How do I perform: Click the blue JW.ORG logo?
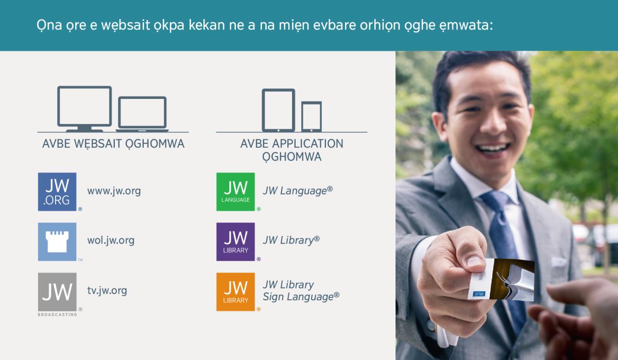[x=57, y=192]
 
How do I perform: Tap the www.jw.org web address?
[x=114, y=191]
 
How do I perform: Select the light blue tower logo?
[x=57, y=242]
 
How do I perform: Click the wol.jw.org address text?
[x=111, y=241]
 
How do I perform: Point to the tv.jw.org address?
[x=107, y=290]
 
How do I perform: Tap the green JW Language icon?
[x=235, y=192]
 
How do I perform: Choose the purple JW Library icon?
[x=235, y=242]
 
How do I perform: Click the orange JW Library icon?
[x=235, y=292]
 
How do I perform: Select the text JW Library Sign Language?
[x=301, y=291]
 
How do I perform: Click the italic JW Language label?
[x=297, y=191]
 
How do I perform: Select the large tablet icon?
[x=278, y=110]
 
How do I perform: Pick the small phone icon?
[x=312, y=116]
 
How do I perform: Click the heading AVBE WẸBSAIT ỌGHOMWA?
[x=113, y=144]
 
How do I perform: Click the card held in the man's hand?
[x=502, y=280]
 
